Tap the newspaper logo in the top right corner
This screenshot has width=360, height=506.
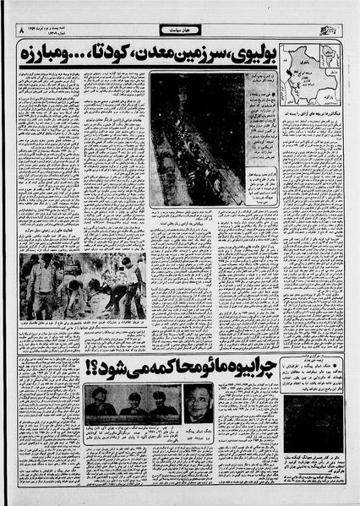[336, 30]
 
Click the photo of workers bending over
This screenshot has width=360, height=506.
[83, 286]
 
